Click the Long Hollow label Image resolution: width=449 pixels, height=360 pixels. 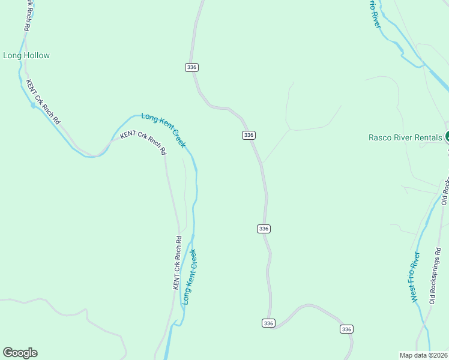click(x=26, y=56)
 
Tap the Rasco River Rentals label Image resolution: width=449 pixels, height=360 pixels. click(x=405, y=137)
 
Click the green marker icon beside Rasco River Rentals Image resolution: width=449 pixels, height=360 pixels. click(x=447, y=137)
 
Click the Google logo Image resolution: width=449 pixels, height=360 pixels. click(x=20, y=353)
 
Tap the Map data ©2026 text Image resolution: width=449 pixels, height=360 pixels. click(x=423, y=355)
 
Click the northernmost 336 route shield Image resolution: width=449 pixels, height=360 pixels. click(x=192, y=67)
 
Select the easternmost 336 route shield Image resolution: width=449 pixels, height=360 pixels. click(x=346, y=329)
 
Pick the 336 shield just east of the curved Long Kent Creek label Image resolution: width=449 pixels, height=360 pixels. click(x=249, y=135)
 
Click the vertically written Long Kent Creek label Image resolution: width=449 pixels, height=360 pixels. click(x=190, y=277)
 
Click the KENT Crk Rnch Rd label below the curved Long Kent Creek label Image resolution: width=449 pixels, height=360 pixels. click(x=143, y=142)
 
